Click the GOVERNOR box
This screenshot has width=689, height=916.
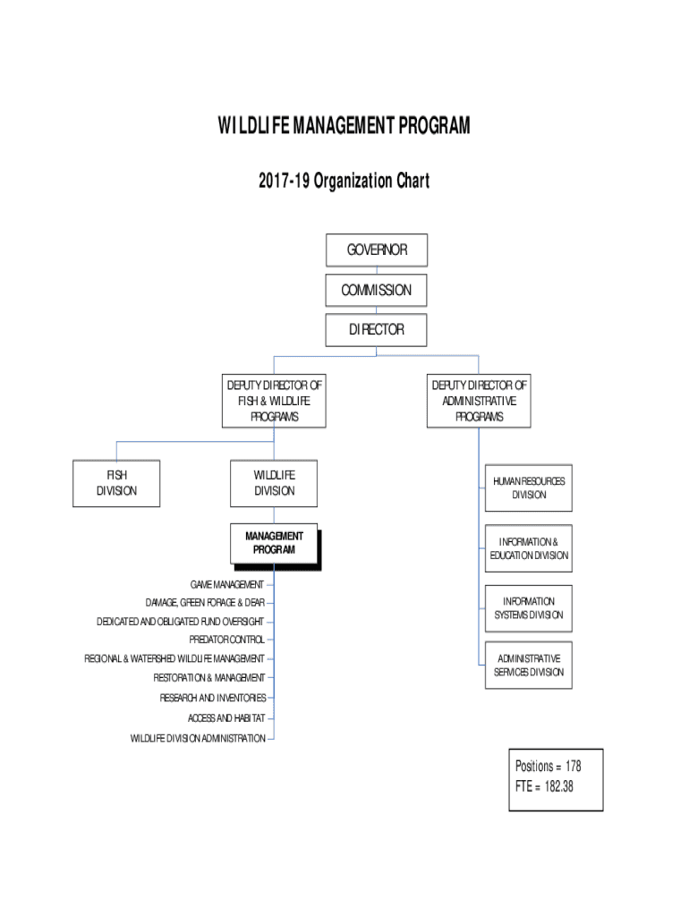(x=377, y=250)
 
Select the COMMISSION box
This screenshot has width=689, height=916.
(x=377, y=290)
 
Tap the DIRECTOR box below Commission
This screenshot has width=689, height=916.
(x=377, y=329)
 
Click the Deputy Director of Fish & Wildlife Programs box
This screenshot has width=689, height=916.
(x=274, y=401)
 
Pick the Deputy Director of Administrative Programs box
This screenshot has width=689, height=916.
(x=480, y=401)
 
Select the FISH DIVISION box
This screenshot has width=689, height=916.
(x=116, y=483)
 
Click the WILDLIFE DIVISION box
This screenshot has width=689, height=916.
(x=274, y=483)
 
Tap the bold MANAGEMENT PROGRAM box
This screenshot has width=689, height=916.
(x=274, y=544)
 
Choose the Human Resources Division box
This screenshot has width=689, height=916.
(x=529, y=488)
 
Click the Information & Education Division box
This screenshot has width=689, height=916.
(x=529, y=548)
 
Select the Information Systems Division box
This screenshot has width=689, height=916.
(x=529, y=608)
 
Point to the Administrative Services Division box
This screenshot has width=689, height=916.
(x=529, y=666)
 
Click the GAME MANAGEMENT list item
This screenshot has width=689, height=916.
(x=226, y=585)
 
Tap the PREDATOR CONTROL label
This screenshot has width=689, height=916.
(x=226, y=640)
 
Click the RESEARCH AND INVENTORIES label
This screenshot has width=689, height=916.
(x=213, y=698)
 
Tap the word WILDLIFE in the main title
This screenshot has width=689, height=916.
(x=253, y=127)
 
